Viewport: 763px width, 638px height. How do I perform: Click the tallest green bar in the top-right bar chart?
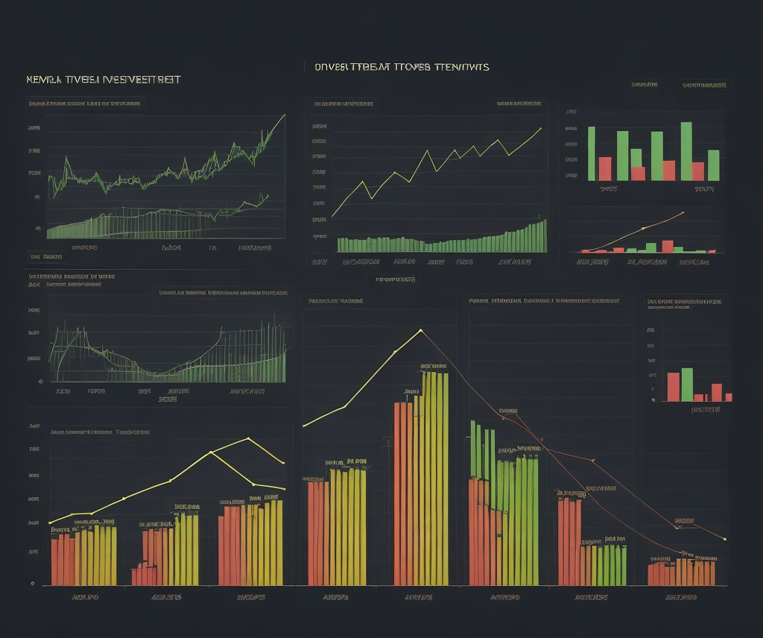686,151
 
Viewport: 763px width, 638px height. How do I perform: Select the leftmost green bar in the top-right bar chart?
592,153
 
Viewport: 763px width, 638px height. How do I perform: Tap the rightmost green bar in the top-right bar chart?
713,165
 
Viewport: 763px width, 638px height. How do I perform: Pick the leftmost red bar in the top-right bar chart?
605,168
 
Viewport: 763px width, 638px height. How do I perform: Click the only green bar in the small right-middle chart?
687,385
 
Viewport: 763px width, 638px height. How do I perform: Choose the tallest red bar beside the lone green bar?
674,387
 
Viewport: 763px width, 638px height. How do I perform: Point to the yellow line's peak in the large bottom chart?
421,330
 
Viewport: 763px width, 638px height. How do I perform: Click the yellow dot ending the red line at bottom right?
725,539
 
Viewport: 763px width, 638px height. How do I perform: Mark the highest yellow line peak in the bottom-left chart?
248,438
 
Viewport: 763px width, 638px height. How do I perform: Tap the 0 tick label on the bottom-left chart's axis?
32,584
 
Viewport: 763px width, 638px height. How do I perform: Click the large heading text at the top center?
402,67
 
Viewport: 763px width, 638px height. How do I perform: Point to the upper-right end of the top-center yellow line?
540,128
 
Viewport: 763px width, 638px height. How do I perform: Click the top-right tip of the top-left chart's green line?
284,116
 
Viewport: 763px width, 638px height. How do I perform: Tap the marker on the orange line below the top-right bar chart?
642,227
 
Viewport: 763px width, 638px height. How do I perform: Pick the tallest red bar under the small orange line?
668,246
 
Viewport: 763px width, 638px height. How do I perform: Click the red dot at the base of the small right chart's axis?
653,400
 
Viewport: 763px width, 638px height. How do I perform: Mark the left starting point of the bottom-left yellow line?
49,522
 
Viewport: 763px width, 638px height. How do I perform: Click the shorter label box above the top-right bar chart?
644,85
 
